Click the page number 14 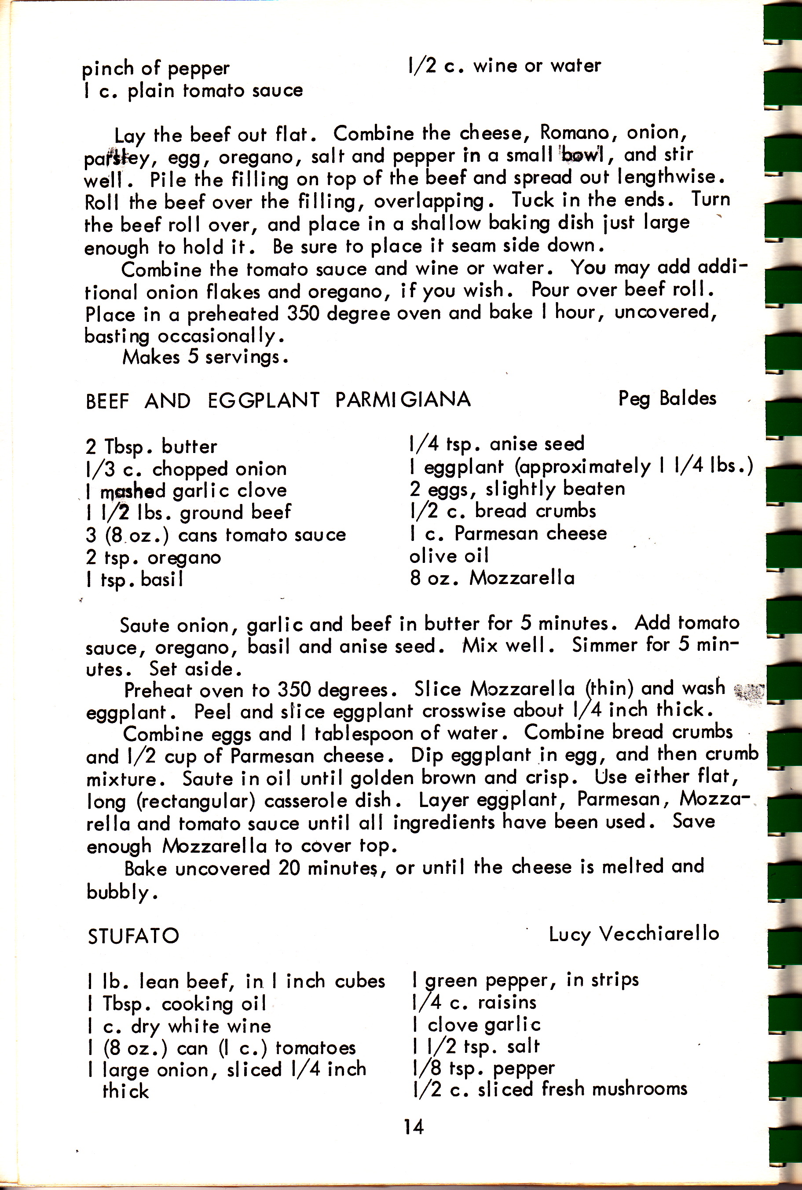(x=413, y=1126)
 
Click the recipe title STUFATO (x=133, y=936)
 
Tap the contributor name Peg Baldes (x=667, y=398)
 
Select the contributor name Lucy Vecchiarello (x=634, y=934)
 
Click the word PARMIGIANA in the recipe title (x=403, y=399)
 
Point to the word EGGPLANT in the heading (x=264, y=400)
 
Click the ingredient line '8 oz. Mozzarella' (x=492, y=577)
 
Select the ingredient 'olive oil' (x=449, y=555)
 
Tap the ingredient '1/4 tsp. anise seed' (x=497, y=444)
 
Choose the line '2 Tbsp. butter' (x=151, y=447)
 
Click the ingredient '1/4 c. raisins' (x=474, y=1002)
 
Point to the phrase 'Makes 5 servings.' (x=205, y=357)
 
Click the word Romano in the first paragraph (x=576, y=132)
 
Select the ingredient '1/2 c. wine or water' (x=505, y=66)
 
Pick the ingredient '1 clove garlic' (x=476, y=1024)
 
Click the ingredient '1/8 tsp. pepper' (x=483, y=1068)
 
